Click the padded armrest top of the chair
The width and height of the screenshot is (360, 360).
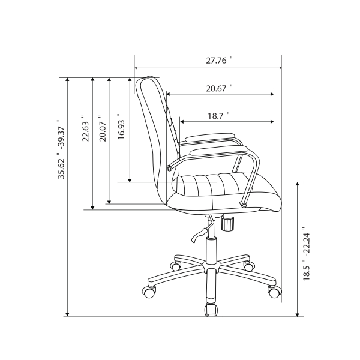click(207, 137)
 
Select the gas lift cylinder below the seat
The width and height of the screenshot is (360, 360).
click(211, 249)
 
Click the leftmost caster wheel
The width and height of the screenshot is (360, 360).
click(148, 293)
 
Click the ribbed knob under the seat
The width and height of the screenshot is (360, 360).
click(227, 224)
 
